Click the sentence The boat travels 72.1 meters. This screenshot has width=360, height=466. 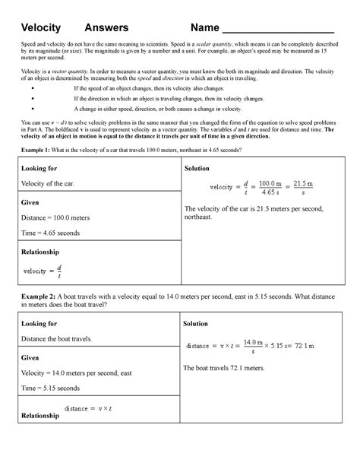(224, 369)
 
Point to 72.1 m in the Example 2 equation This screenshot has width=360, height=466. (319, 346)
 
